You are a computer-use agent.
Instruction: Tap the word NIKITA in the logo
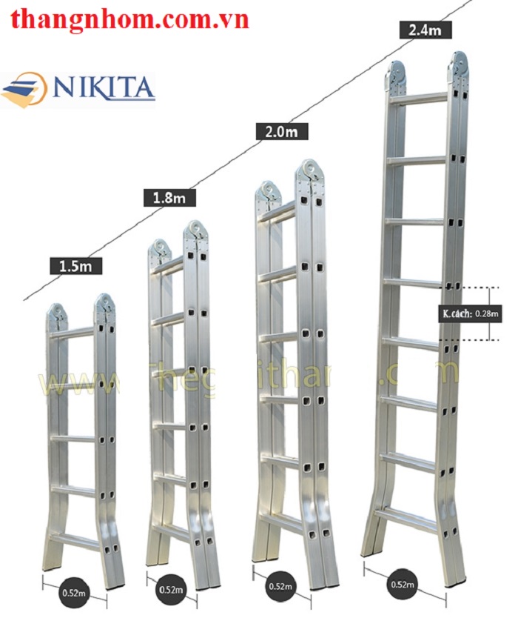pyautogui.click(x=103, y=87)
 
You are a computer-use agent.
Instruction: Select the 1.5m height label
pyautogui.click(x=75, y=265)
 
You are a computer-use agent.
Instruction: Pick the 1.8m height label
pyautogui.click(x=169, y=197)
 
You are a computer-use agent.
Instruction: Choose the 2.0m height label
pyautogui.click(x=281, y=131)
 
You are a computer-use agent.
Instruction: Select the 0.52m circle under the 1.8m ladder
pyautogui.click(x=171, y=590)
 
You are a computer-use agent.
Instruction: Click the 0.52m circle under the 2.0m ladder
pyautogui.click(x=280, y=586)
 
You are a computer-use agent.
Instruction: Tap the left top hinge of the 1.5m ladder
pyautogui.click(x=56, y=313)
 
